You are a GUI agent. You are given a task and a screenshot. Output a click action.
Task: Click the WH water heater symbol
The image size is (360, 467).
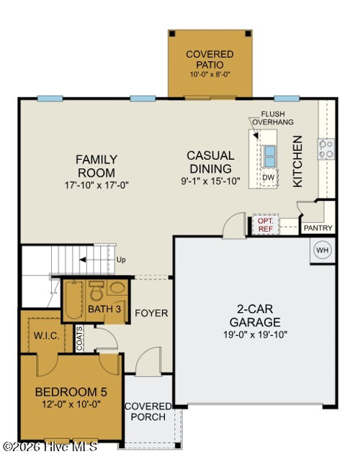click(322, 250)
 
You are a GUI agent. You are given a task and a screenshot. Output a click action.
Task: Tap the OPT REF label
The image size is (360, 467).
click(266, 225)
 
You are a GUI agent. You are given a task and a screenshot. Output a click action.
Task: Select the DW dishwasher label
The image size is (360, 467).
click(268, 177)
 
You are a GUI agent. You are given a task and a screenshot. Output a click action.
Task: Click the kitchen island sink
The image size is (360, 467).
click(269, 155)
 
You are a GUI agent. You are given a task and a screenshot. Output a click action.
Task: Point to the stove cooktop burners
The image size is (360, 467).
click(326, 149)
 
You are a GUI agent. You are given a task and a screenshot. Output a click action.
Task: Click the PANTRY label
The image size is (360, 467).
click(318, 228)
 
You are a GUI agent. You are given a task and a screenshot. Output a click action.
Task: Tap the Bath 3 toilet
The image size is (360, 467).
click(95, 292)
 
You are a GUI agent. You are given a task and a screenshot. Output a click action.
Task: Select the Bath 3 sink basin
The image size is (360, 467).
click(117, 289)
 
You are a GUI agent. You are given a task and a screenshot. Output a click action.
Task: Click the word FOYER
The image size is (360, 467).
click(151, 313)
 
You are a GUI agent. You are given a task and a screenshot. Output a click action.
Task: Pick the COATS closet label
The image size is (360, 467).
click(80, 337)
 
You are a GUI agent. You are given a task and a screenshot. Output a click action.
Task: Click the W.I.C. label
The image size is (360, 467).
click(45, 335)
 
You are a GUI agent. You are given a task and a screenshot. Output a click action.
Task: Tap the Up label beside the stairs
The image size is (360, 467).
click(121, 259)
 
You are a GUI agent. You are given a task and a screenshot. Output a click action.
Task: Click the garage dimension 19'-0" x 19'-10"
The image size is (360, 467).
click(255, 334)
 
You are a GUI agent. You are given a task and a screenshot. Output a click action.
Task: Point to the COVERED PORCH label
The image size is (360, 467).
click(148, 412)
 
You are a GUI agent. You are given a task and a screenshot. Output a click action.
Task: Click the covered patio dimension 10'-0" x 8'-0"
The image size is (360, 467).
click(210, 74)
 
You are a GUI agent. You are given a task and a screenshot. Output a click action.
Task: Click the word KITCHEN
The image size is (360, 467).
click(298, 162)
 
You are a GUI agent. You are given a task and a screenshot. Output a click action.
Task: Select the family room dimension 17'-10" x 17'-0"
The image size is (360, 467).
click(96, 185)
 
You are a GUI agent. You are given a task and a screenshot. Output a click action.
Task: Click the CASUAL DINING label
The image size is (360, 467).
click(210, 161)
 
